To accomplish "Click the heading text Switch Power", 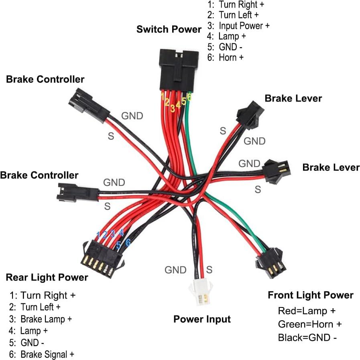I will click(169, 29).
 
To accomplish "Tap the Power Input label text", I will click(202, 319).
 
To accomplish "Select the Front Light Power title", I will click(310, 296).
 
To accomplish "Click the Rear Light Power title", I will click(47, 277).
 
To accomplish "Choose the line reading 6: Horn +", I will click(231, 57).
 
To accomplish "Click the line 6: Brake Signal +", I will click(42, 354).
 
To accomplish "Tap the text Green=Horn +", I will click(309, 324).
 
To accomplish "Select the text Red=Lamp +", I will click(306, 311).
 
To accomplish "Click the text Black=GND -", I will click(307, 338).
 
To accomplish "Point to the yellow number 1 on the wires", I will click(163, 96).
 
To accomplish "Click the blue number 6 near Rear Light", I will click(128, 242).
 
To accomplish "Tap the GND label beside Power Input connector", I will click(175, 270).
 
